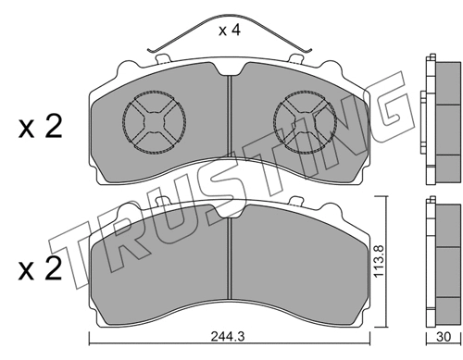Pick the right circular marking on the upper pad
[x=305, y=122]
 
